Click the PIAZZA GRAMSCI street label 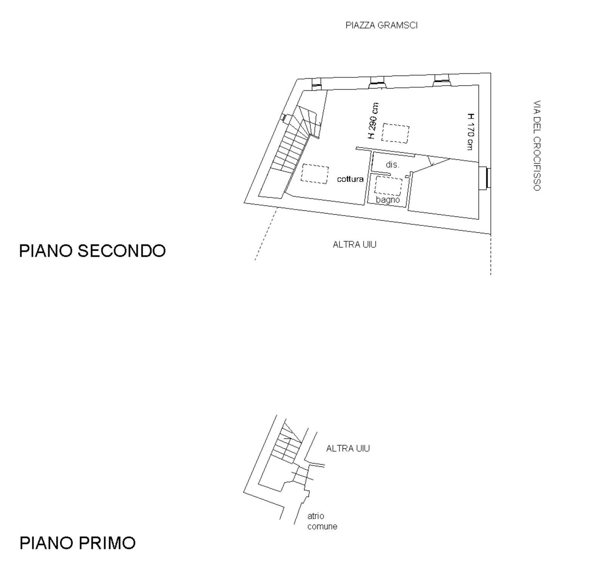click(382, 25)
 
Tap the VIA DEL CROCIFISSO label click(537, 146)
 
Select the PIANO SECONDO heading click(92, 251)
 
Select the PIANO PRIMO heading click(78, 543)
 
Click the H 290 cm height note click(373, 121)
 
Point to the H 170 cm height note click(470, 131)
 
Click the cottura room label click(350, 179)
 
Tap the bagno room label click(388, 199)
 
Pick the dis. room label click(392, 165)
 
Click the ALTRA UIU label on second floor click(354, 245)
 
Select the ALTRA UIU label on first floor click(348, 448)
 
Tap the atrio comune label click(322, 521)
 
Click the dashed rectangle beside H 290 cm click(395, 133)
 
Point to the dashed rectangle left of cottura click(315, 174)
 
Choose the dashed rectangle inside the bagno click(388, 186)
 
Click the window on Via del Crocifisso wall click(485, 178)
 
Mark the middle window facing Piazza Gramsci click(377, 82)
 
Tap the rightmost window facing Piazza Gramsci click(441, 79)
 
